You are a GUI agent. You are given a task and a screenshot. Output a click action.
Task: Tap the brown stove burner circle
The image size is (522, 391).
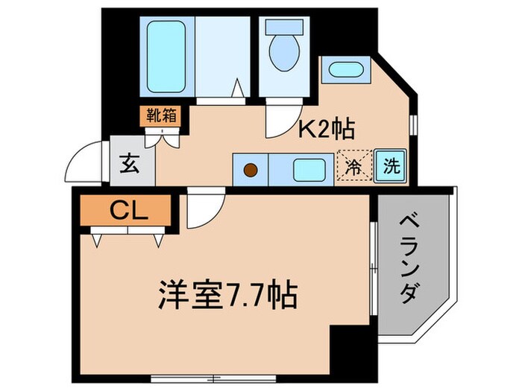(x=251, y=171)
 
